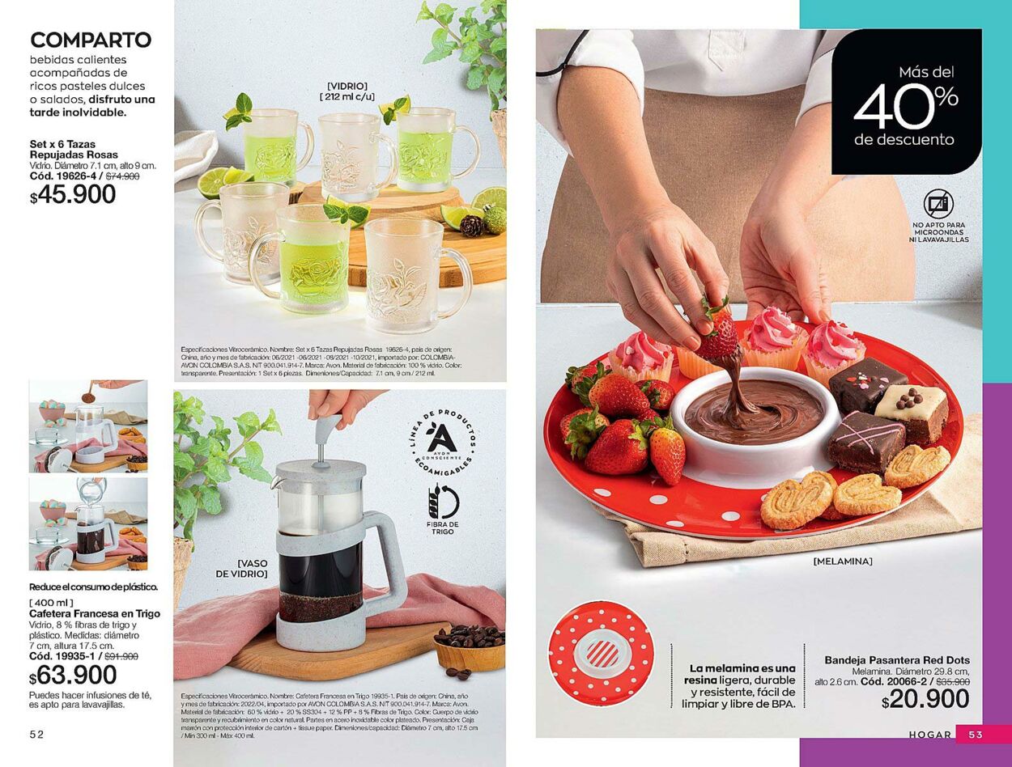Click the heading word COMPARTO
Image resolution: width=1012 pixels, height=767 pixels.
[91, 40]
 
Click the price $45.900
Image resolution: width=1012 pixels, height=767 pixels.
[73, 195]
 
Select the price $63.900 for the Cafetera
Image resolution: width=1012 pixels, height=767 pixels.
[73, 675]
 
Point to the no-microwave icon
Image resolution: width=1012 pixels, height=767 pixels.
[938, 204]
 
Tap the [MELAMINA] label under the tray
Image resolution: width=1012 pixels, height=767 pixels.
[842, 561]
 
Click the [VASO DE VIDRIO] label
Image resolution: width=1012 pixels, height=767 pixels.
[240, 568]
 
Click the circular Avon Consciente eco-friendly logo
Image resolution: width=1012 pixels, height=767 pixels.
[442, 443]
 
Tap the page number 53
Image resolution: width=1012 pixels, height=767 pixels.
[976, 734]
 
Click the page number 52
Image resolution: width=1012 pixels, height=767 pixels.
[36, 734]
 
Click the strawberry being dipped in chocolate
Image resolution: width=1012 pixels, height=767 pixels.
[717, 334]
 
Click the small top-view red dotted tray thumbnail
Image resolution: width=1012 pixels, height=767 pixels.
[600, 653]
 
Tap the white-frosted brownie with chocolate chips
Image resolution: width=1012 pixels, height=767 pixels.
[912, 409]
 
